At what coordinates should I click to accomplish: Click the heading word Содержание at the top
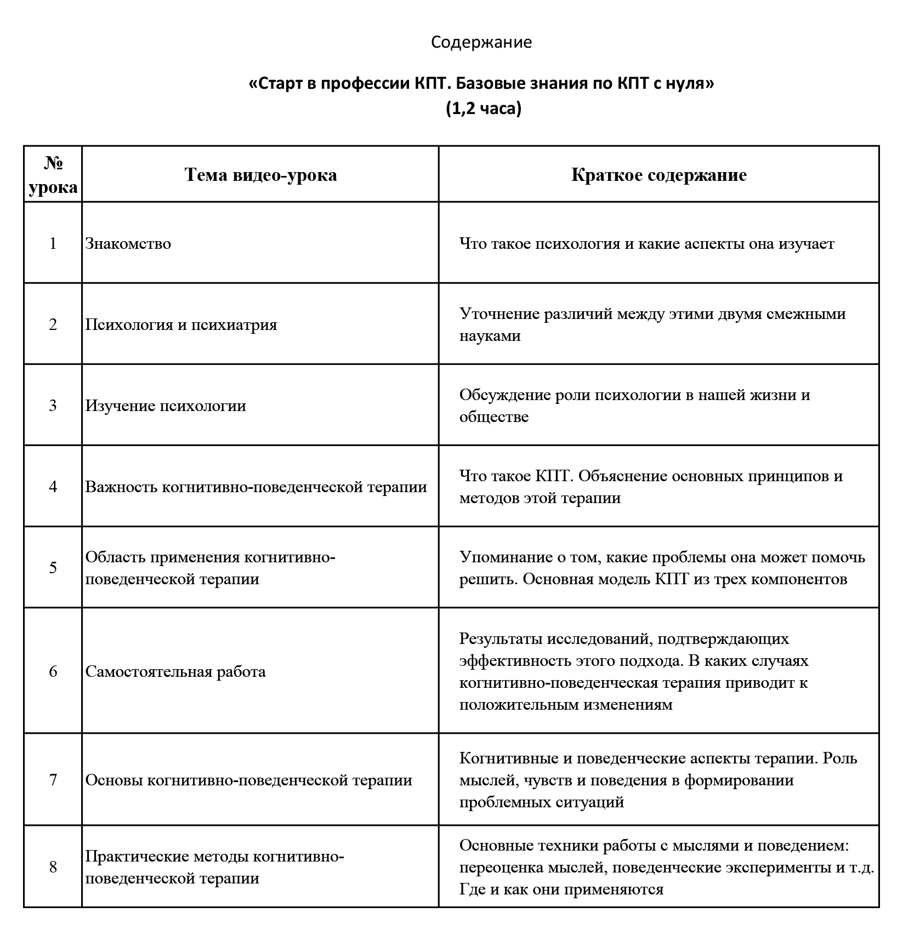481,42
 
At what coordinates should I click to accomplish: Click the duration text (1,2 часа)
483,109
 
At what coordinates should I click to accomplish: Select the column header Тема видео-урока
260,175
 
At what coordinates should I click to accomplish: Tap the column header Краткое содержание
658,175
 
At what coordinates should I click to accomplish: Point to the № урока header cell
53,175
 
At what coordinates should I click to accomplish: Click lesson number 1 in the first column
53,243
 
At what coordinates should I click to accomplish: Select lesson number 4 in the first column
53,487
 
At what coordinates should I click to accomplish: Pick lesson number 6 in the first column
53,671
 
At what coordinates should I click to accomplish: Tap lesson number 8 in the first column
53,867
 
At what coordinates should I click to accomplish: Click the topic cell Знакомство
128,243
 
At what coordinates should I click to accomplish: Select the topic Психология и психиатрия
181,324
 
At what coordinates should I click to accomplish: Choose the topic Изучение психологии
166,406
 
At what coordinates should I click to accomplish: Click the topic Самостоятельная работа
175,671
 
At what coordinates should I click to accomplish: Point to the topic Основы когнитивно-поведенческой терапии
249,780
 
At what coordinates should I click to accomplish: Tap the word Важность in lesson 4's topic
121,487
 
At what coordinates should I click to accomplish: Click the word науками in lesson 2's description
490,335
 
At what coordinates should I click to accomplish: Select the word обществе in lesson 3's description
494,417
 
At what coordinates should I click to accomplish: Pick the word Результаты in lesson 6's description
503,638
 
